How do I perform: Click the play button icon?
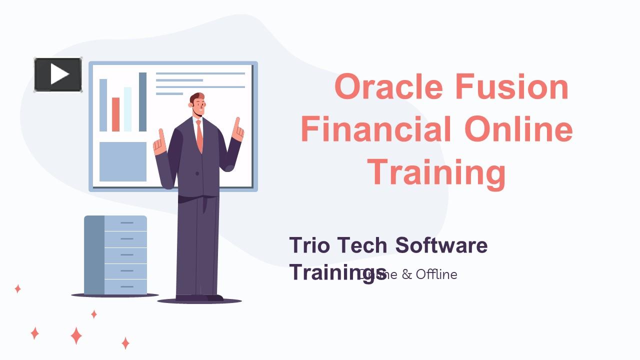(58, 75)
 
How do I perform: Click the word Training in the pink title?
(437, 171)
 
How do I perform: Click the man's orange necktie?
(199, 135)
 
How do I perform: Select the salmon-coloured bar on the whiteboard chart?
(116, 114)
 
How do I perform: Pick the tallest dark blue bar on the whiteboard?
(142, 102)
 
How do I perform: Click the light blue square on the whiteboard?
(123, 161)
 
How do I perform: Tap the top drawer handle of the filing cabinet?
(127, 222)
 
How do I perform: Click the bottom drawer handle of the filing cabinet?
(127, 286)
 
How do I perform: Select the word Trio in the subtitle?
(310, 245)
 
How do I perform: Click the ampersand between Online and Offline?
(406, 274)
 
